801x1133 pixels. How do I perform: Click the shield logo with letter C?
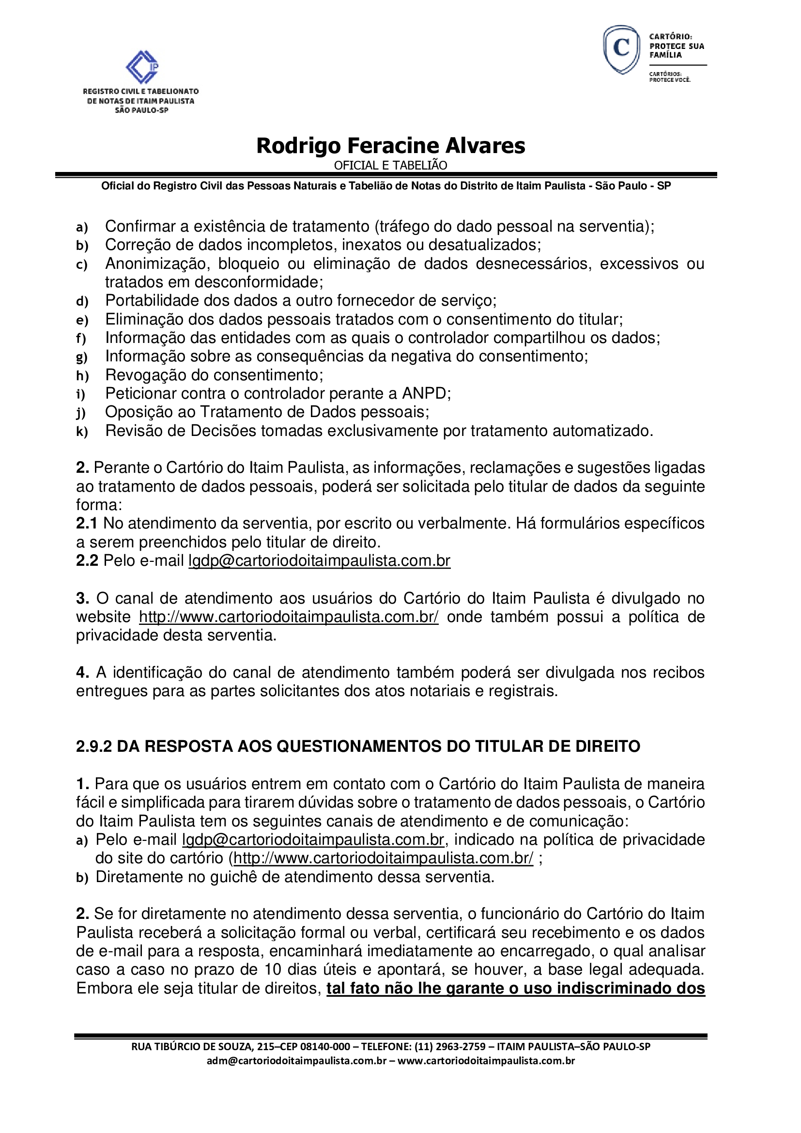[621, 50]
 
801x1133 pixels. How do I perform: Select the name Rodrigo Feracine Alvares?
[391, 146]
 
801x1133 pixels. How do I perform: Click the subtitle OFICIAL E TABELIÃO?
[391, 165]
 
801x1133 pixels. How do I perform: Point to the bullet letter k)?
[82, 432]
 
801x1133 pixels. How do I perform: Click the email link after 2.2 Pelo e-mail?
[319, 561]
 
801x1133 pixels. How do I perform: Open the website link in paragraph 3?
[289, 617]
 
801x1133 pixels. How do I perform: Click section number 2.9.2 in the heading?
[94, 746]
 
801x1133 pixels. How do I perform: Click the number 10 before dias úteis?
[273, 970]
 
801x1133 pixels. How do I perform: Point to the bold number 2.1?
[87, 524]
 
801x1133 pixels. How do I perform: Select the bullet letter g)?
[82, 357]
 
